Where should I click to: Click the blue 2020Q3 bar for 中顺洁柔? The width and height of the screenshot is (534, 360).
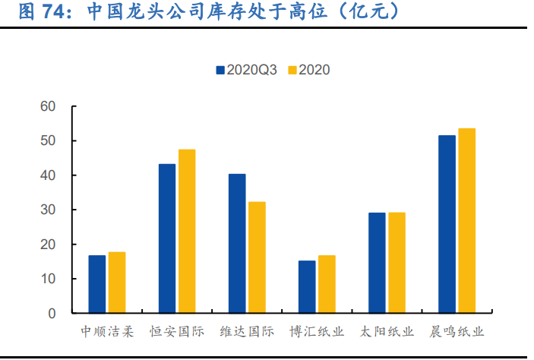click(97, 284)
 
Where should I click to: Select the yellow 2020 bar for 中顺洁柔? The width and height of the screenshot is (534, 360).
click(117, 283)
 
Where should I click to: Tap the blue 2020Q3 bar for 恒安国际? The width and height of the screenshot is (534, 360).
click(167, 238)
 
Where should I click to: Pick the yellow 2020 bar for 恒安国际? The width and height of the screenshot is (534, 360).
click(187, 231)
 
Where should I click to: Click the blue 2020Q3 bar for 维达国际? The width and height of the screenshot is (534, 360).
click(237, 243)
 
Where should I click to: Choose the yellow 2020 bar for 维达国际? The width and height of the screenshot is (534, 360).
click(257, 257)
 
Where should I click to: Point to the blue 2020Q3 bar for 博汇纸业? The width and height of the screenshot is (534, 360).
click(307, 286)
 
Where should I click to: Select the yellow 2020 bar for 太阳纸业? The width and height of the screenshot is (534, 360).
click(397, 263)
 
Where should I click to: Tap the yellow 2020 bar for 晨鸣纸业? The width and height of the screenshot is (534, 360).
click(466, 220)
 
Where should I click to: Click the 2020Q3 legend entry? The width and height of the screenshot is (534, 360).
click(246, 70)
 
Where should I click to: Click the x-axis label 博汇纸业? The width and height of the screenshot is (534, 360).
click(317, 332)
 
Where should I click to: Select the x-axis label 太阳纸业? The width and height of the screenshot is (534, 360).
click(387, 332)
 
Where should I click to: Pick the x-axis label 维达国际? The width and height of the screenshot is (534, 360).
click(247, 332)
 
